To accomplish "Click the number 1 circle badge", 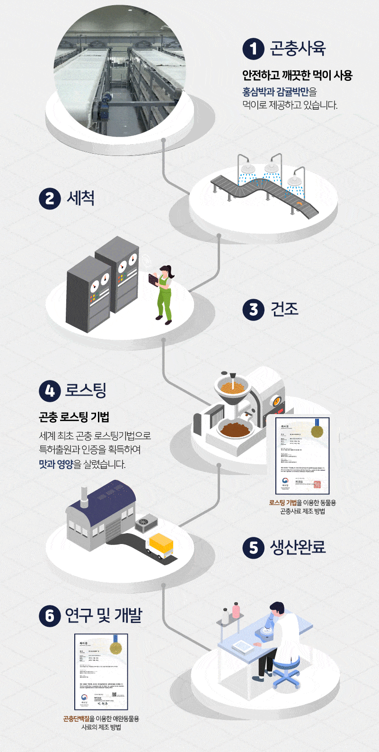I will pyautogui.click(x=253, y=49).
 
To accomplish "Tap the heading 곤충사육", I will pyautogui.click(x=298, y=49).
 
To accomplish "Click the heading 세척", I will pyautogui.click(x=81, y=198).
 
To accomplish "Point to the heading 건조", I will pyautogui.click(x=284, y=310).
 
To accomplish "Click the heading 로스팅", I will pyautogui.click(x=86, y=390).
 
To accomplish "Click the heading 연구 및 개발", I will pyautogui.click(x=103, y=615).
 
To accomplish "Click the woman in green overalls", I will pyautogui.click(x=164, y=293).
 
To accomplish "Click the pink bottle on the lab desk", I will pyautogui.click(x=236, y=611).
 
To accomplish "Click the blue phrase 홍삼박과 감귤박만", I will pyautogui.click(x=276, y=92).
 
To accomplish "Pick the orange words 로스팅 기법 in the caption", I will pyautogui.click(x=282, y=503).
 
